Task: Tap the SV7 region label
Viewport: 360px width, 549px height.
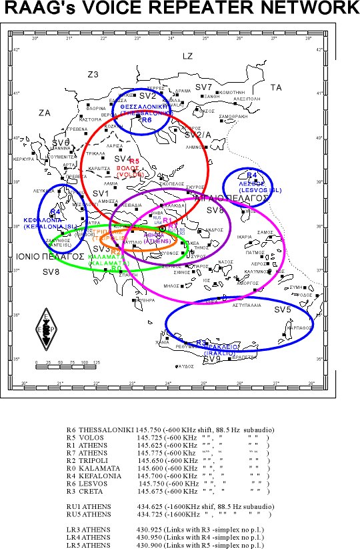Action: (204, 87)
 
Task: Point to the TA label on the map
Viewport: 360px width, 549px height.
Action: (276, 87)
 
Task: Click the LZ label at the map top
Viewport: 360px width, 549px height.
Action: (187, 56)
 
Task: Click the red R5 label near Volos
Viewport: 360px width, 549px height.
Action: (134, 161)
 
